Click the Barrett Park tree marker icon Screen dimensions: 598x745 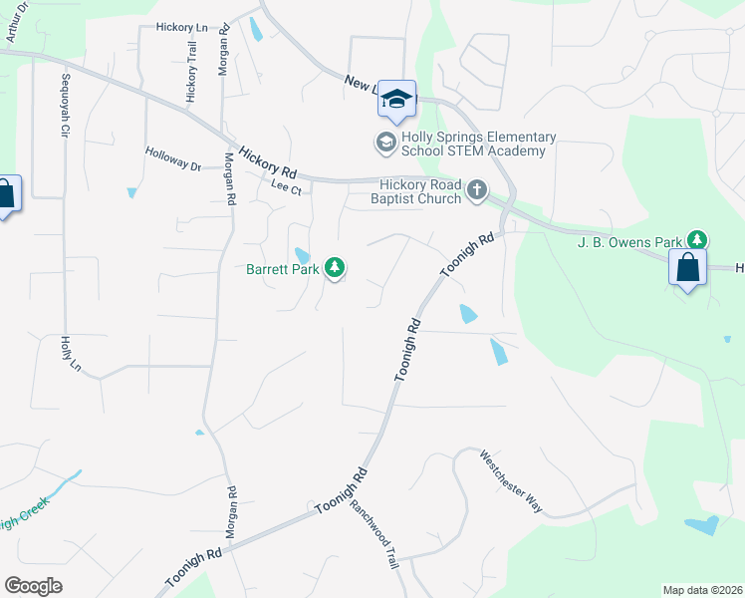[x=337, y=267]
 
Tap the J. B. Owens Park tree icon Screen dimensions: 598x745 [x=699, y=240]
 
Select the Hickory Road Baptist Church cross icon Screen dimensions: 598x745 [x=477, y=190]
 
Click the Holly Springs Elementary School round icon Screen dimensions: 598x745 [x=385, y=143]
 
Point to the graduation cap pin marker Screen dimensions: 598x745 [x=395, y=99]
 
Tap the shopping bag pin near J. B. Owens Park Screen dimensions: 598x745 [x=687, y=267]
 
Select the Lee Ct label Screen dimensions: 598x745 [x=285, y=184]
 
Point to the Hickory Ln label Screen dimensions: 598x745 [x=180, y=28]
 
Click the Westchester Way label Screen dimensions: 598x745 [x=511, y=482]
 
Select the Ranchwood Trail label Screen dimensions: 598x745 [x=373, y=534]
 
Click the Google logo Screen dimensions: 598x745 [x=33, y=586]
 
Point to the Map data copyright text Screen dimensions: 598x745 [x=702, y=590]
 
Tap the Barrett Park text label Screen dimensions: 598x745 [x=284, y=268]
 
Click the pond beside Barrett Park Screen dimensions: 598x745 [x=301, y=256]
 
